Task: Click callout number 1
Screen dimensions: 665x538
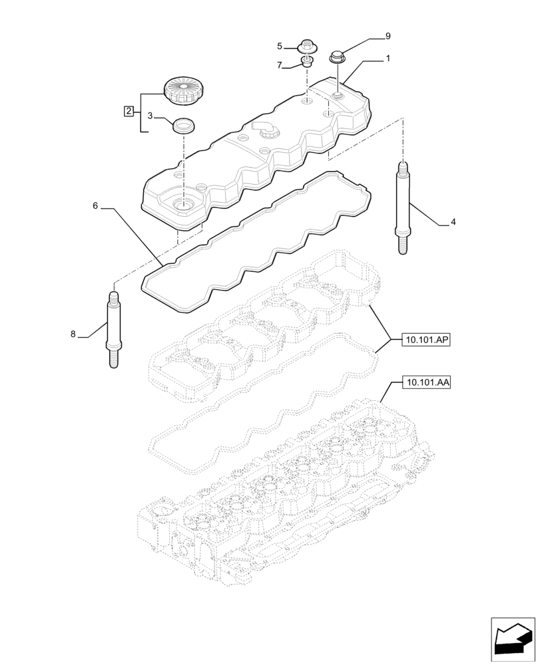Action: pos(388,59)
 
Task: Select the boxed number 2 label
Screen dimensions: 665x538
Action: pos(129,110)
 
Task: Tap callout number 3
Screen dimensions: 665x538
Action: pos(150,116)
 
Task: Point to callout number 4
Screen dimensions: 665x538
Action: pos(453,222)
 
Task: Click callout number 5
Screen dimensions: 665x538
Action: pos(280,46)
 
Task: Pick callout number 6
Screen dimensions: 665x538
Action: pos(95,206)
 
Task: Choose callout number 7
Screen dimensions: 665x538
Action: pos(280,65)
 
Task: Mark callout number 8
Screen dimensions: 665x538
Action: pos(73,334)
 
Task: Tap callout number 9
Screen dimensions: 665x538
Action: pos(388,36)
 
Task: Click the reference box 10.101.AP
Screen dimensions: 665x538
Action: pos(426,340)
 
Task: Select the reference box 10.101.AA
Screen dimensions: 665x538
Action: pos(426,382)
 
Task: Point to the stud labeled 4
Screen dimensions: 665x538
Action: pos(402,207)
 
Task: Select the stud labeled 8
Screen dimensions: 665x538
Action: pos(113,329)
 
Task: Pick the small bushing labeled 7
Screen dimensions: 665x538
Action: pos(307,63)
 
